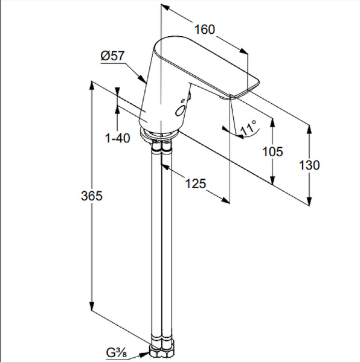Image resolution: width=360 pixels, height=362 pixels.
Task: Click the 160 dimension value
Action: pyautogui.click(x=205, y=30)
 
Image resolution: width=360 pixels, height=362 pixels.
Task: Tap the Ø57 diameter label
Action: pyautogui.click(x=112, y=56)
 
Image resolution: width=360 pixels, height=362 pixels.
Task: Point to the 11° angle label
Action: pyautogui.click(x=248, y=129)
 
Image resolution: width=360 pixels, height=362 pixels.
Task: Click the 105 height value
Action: pyautogui.click(x=272, y=151)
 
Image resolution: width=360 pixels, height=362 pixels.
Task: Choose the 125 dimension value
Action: pyautogui.click(x=196, y=183)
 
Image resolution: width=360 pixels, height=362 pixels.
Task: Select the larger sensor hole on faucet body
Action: pyautogui.click(x=179, y=110)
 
